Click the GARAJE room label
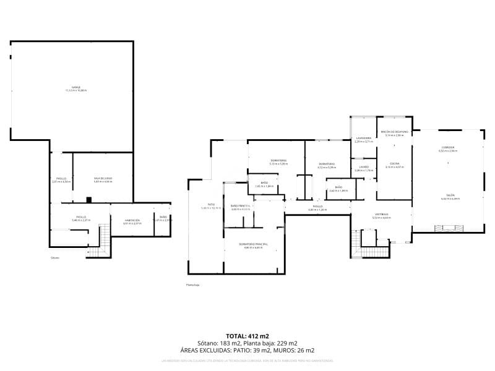[76, 87]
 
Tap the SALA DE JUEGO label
[103, 179]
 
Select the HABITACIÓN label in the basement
[132, 220]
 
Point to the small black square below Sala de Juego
[89, 200]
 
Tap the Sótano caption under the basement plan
[56, 258]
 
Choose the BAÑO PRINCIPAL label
[240, 206]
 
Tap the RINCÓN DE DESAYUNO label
[394, 132]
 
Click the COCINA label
[394, 164]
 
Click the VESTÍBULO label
[381, 215]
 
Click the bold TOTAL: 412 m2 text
[247, 335]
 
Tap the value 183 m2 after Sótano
[231, 343]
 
